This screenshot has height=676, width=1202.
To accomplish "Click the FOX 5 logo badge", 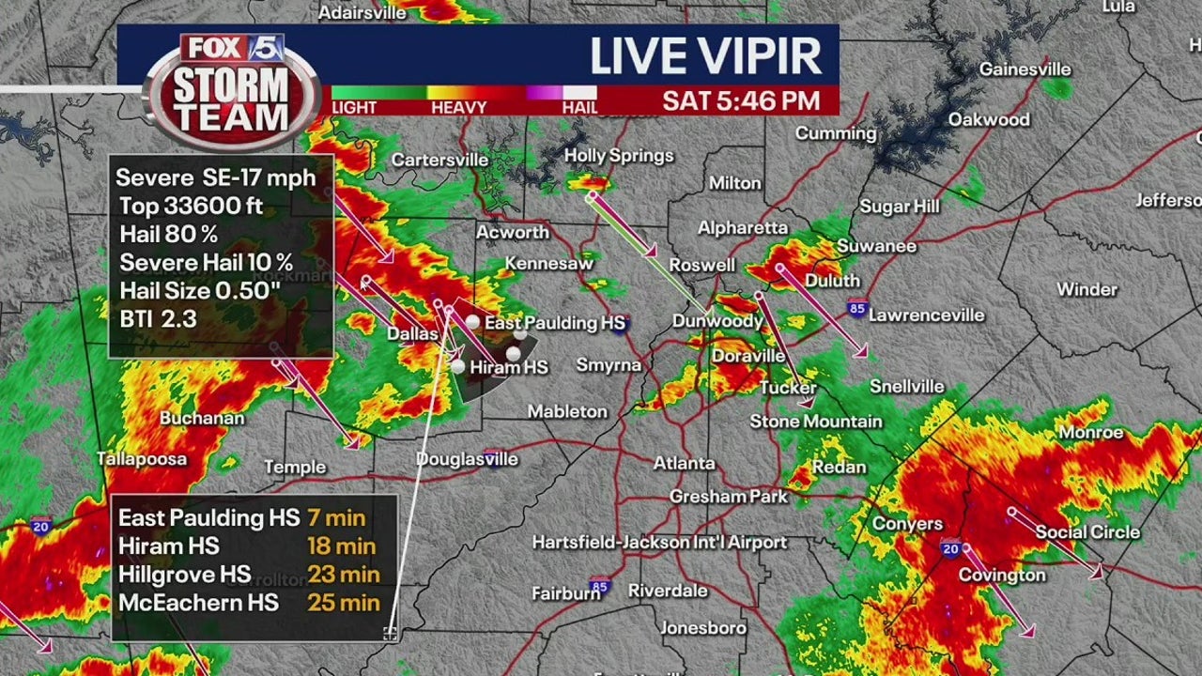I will (x=232, y=49).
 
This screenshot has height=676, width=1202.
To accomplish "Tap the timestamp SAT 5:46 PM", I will (x=741, y=100).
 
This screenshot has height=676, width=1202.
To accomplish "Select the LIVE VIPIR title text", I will (x=706, y=57).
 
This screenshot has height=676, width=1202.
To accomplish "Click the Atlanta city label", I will (x=685, y=463).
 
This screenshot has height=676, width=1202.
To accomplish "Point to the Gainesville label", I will (x=1025, y=69).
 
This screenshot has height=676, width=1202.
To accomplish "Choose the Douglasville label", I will (x=467, y=459).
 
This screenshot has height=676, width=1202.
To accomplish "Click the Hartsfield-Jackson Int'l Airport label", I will (x=659, y=543).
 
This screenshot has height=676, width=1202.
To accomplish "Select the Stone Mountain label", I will (x=815, y=422).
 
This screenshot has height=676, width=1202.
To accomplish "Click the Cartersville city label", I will (x=439, y=160).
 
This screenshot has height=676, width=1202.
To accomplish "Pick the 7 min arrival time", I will (x=336, y=517).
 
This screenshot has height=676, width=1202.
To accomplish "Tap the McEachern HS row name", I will (x=198, y=602).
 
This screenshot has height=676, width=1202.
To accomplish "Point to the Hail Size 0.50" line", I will (x=200, y=291).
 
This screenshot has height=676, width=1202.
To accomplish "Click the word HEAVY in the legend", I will (x=458, y=108).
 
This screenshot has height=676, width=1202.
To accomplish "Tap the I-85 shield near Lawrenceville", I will (x=855, y=308).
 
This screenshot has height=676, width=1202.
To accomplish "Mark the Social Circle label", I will (x=1087, y=532).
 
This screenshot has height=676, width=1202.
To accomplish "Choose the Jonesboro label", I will (x=702, y=628).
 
